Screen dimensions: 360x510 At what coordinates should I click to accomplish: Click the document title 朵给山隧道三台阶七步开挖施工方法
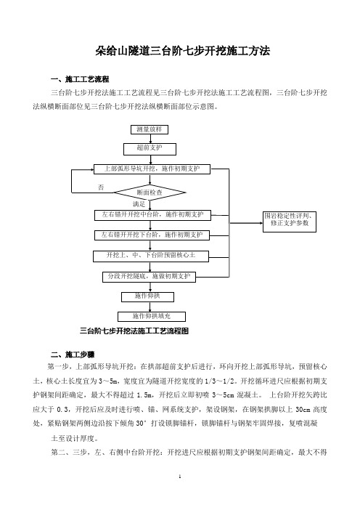pos(183,51)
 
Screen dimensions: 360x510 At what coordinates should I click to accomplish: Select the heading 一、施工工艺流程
pos(80,79)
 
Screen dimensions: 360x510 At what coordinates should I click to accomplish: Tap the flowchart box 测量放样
pos(150,129)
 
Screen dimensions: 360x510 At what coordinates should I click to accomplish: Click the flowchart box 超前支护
pos(150,149)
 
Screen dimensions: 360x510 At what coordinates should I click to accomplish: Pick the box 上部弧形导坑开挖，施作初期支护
pos(152,169)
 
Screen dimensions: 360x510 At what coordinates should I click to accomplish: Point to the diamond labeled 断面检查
pos(150,193)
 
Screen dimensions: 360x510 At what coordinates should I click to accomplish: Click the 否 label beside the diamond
pos(101,187)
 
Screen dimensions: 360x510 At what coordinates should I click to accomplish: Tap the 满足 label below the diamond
pos(139,204)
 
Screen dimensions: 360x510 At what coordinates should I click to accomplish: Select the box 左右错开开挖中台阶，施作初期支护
pos(152,215)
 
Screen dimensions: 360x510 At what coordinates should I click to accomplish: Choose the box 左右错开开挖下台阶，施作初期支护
pos(152,235)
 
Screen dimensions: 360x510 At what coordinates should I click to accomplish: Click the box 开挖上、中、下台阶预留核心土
pos(151,256)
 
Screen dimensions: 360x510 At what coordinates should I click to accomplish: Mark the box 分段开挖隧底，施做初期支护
pos(149,277)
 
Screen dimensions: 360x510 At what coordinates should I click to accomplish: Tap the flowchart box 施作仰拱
pos(147,297)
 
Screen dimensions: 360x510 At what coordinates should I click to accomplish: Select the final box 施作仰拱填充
pos(152,317)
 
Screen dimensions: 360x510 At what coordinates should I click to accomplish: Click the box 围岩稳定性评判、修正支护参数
pos(290,222)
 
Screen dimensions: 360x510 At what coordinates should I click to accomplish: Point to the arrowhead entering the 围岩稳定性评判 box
pos(261,223)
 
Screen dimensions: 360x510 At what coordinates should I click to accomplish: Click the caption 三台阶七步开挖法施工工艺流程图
pos(134,331)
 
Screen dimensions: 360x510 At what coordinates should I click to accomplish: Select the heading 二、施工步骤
pos(73,355)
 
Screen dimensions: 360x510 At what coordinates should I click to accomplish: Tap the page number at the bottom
pos(180,477)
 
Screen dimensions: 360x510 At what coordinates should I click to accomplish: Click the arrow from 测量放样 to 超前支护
pos(150,139)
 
